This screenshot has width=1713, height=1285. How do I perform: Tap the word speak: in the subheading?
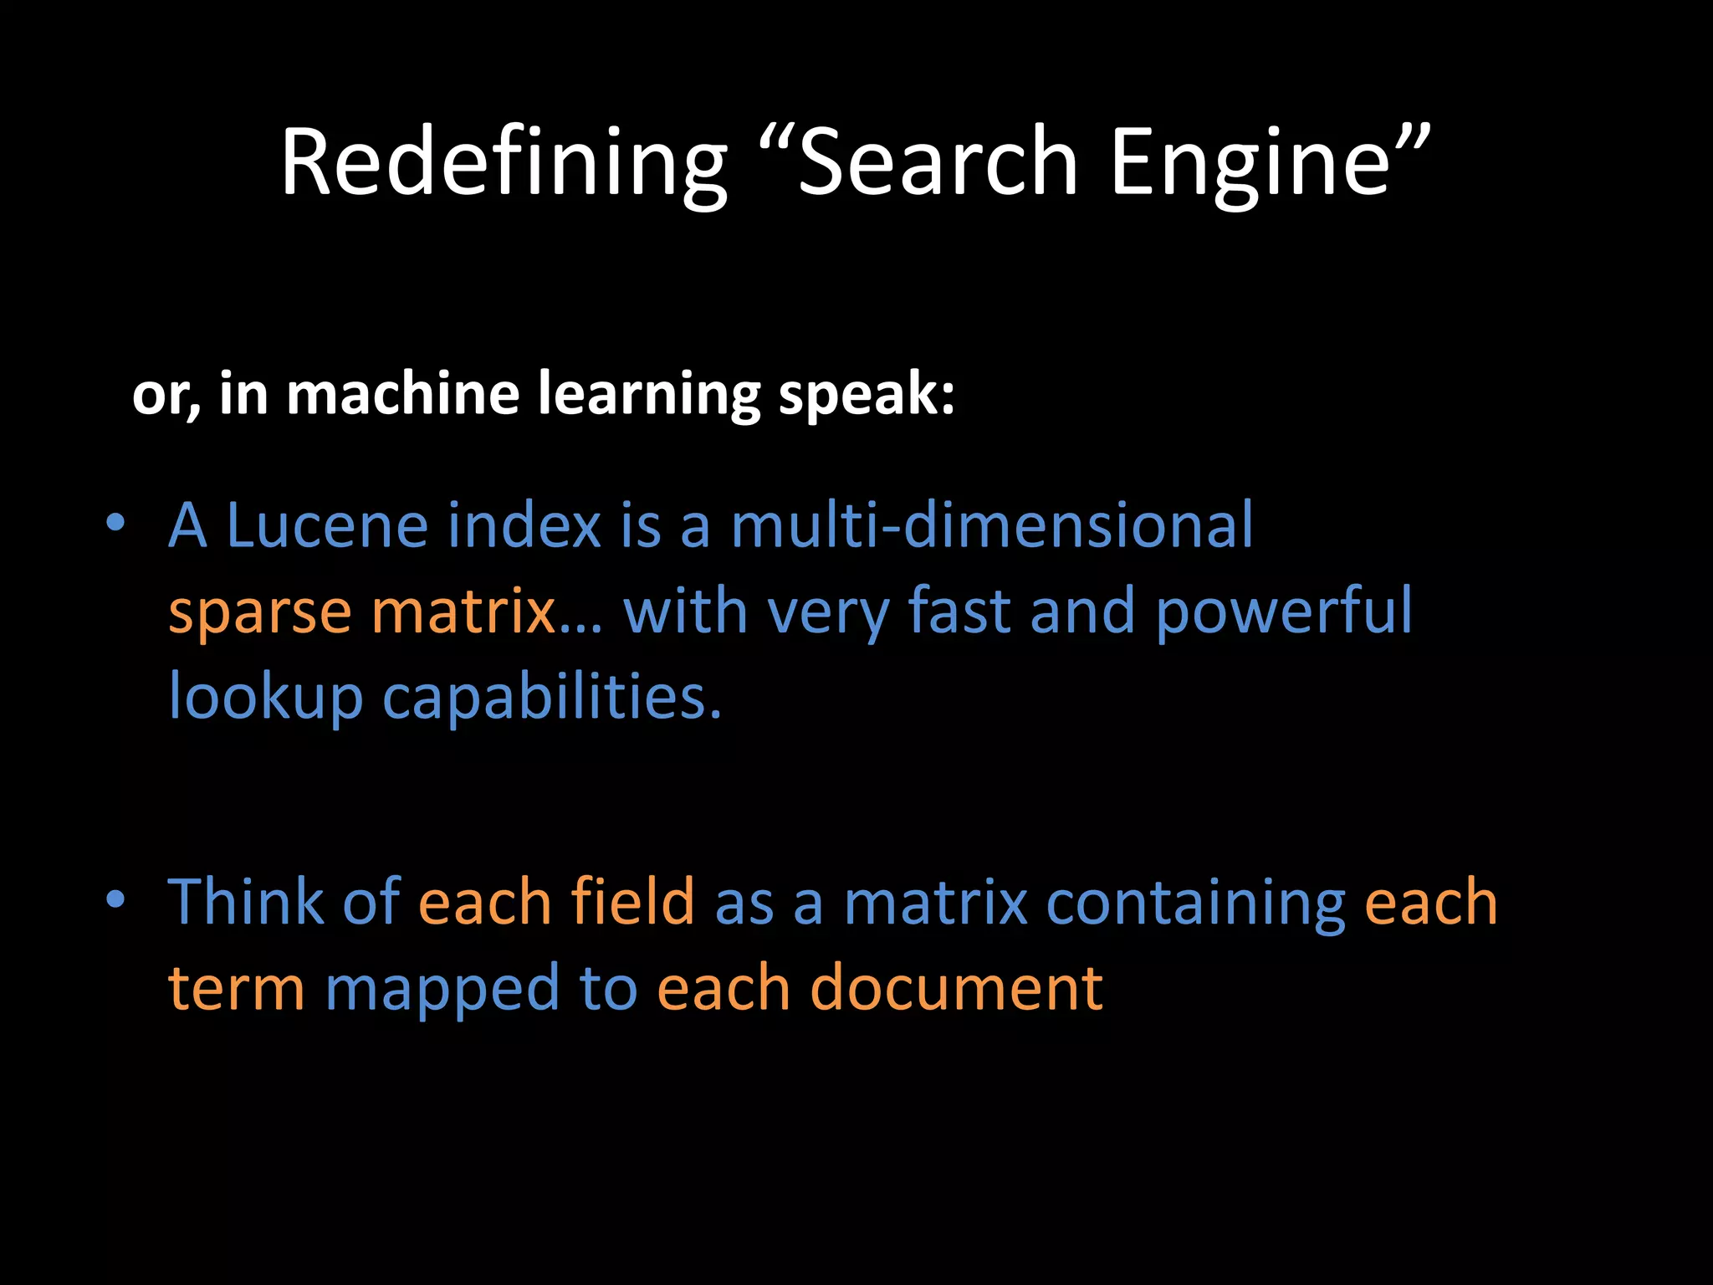pos(866,395)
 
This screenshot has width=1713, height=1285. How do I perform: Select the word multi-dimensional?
pos(991,526)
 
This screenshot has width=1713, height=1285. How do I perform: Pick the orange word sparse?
pos(259,613)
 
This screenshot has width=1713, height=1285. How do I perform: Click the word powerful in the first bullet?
pos(1284,613)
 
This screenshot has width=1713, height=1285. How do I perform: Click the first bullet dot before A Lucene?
pos(115,524)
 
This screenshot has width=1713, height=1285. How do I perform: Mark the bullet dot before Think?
pos(115,899)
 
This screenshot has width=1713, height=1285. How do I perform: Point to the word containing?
pos(1195,904)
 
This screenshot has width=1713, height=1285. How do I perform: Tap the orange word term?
pos(236,988)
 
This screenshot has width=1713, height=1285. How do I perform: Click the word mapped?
pos(442,990)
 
